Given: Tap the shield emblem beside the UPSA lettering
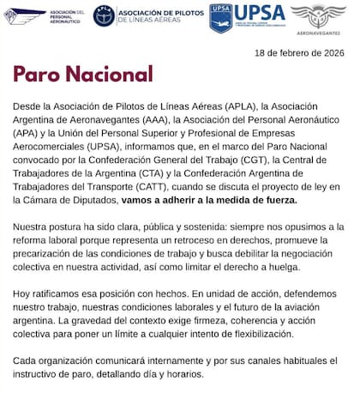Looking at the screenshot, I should tap(221, 17).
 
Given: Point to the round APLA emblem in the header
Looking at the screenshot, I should tap(104, 15).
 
